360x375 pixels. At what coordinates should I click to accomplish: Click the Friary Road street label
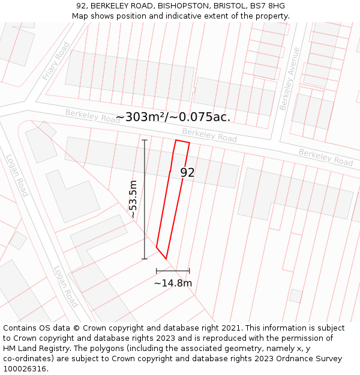pos(56,61)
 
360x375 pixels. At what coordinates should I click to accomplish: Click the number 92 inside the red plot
pos(187,173)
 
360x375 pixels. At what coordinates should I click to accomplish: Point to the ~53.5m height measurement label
pos(133,199)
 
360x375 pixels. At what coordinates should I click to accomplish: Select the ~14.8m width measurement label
pos(173,283)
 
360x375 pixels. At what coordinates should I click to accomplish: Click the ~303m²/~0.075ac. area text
pos(173,117)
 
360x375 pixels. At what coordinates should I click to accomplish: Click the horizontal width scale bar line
pos(173,271)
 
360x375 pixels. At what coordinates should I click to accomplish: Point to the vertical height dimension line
pos(145,199)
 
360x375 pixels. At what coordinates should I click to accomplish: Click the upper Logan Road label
pos(17,175)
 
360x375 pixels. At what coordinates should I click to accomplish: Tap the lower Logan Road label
pos(65,287)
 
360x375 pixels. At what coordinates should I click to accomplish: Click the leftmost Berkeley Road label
pos(93,116)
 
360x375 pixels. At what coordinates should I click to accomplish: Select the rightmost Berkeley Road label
pos(326,158)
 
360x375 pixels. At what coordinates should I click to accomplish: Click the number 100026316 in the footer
pos(26,368)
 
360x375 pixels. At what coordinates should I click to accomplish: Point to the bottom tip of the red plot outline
pos(166,259)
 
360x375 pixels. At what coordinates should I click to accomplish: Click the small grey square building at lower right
pos(296,296)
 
